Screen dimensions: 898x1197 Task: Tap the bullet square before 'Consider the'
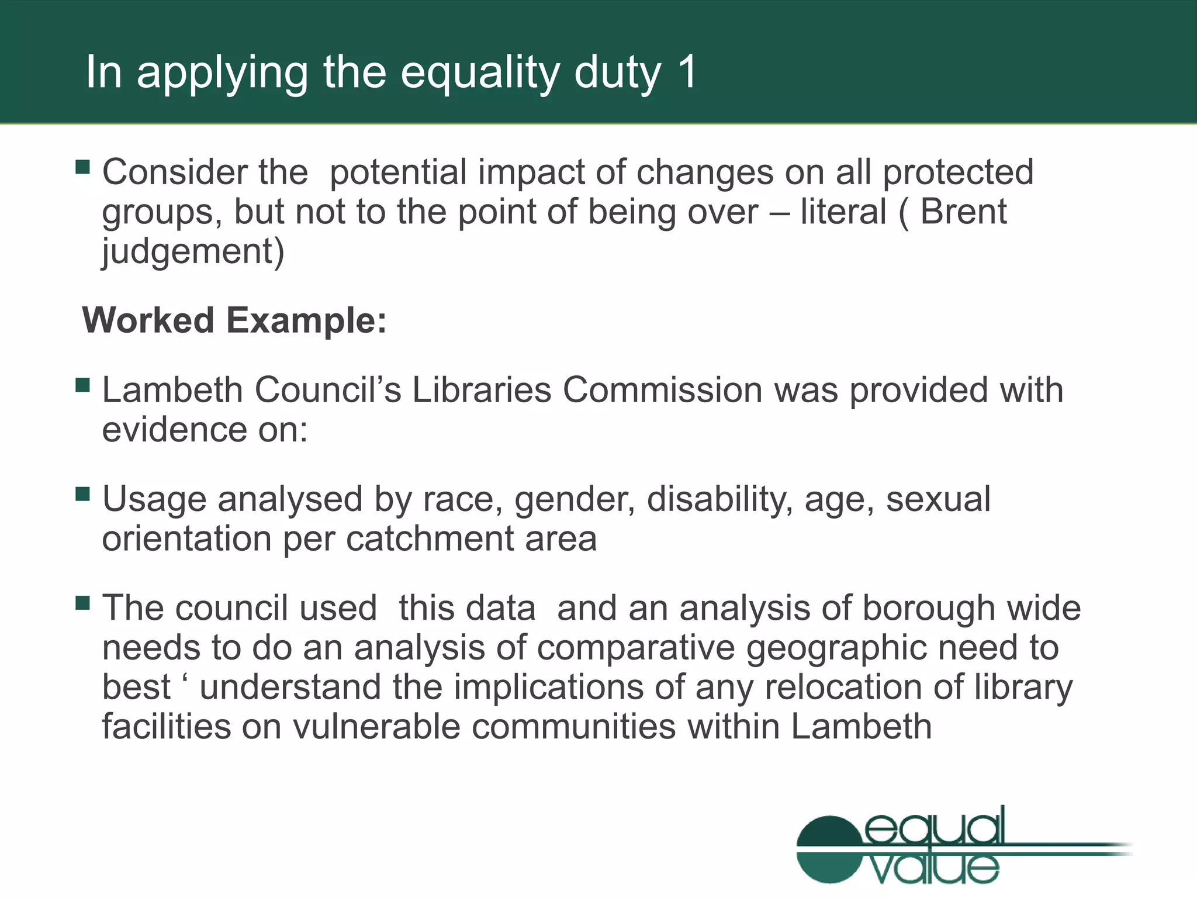click(82, 168)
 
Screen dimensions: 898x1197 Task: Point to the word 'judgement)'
click(193, 251)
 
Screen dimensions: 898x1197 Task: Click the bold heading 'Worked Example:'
click(234, 320)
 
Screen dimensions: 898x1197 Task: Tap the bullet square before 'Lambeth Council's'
click(82, 385)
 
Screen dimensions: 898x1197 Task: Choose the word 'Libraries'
click(481, 390)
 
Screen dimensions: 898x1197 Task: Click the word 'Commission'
click(662, 390)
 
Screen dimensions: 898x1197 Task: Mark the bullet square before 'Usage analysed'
click(82, 495)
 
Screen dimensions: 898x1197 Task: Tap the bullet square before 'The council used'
click(82, 603)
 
